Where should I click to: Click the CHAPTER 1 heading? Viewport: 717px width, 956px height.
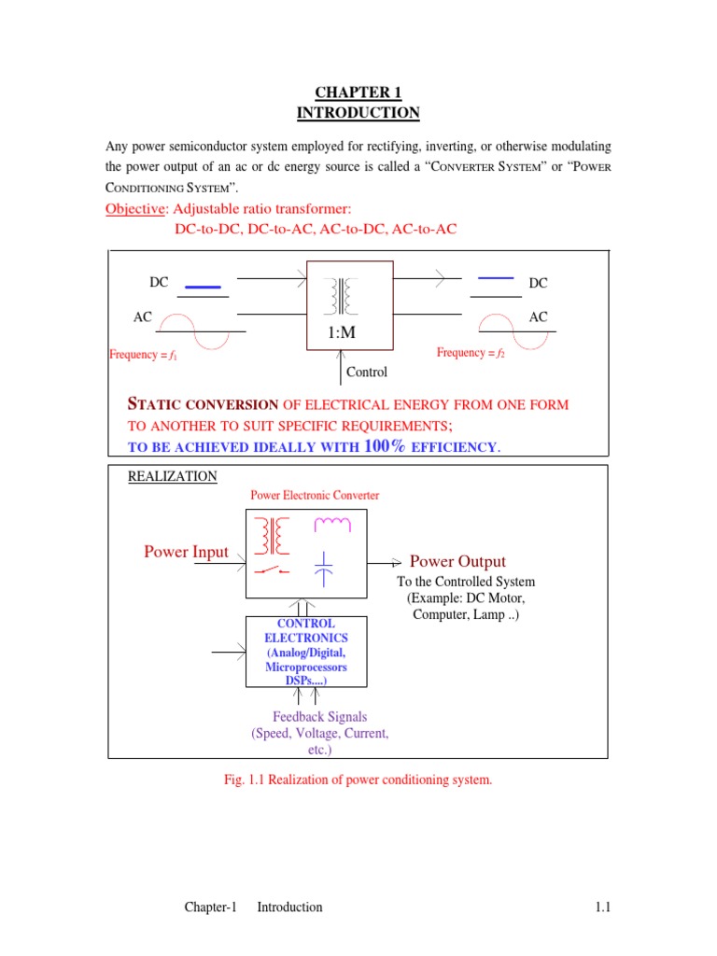tap(358, 92)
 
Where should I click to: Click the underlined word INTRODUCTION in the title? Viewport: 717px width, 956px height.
tap(358, 113)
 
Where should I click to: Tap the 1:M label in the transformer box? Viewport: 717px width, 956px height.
tap(344, 332)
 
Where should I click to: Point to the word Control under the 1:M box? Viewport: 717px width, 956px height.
tap(367, 372)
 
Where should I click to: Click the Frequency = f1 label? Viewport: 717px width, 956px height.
tap(144, 354)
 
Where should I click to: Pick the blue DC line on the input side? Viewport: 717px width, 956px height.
tap(203, 287)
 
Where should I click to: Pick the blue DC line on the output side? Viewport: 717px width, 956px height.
tap(495, 277)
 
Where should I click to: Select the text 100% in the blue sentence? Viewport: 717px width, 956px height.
tap(386, 446)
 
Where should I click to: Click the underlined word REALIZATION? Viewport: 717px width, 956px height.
tap(173, 476)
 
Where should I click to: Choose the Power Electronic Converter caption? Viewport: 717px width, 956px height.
tap(314, 496)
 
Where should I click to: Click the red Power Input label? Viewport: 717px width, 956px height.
tap(186, 552)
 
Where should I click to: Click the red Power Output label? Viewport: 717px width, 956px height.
tap(457, 561)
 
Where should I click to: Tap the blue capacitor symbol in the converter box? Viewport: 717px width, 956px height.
tap(324, 568)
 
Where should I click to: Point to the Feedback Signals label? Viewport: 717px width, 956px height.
tap(319, 717)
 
